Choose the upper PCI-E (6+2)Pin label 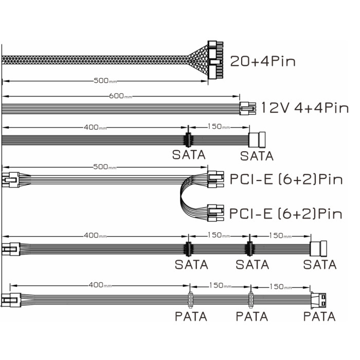(x=286, y=179)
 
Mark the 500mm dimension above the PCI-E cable (x=106, y=167)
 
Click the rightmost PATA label (x=319, y=316)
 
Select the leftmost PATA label (x=191, y=316)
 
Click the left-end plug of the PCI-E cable (x=9, y=180)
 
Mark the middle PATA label (x=252, y=316)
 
